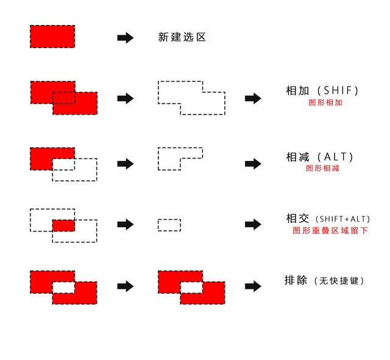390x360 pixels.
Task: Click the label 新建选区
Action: point(182,37)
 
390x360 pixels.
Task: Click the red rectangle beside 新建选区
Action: point(52,37)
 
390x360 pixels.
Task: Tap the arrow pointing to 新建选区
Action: point(125,38)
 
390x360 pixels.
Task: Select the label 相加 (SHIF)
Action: point(322,91)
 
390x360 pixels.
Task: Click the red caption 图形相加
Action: point(325,102)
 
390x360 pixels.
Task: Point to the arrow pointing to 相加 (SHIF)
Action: point(253,99)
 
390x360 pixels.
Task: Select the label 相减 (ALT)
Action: point(320,157)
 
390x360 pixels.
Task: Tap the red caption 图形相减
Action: point(323,168)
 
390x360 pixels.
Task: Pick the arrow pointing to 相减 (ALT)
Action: point(253,164)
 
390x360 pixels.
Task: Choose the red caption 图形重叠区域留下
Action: point(330,231)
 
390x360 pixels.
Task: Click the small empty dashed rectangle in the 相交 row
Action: point(169,225)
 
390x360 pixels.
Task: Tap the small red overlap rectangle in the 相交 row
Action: point(63,225)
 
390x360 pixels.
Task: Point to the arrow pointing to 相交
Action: point(253,225)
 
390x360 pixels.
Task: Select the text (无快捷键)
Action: point(339,281)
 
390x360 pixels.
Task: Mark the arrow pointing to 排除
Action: point(253,286)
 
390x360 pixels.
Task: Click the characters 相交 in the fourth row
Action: point(298,219)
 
